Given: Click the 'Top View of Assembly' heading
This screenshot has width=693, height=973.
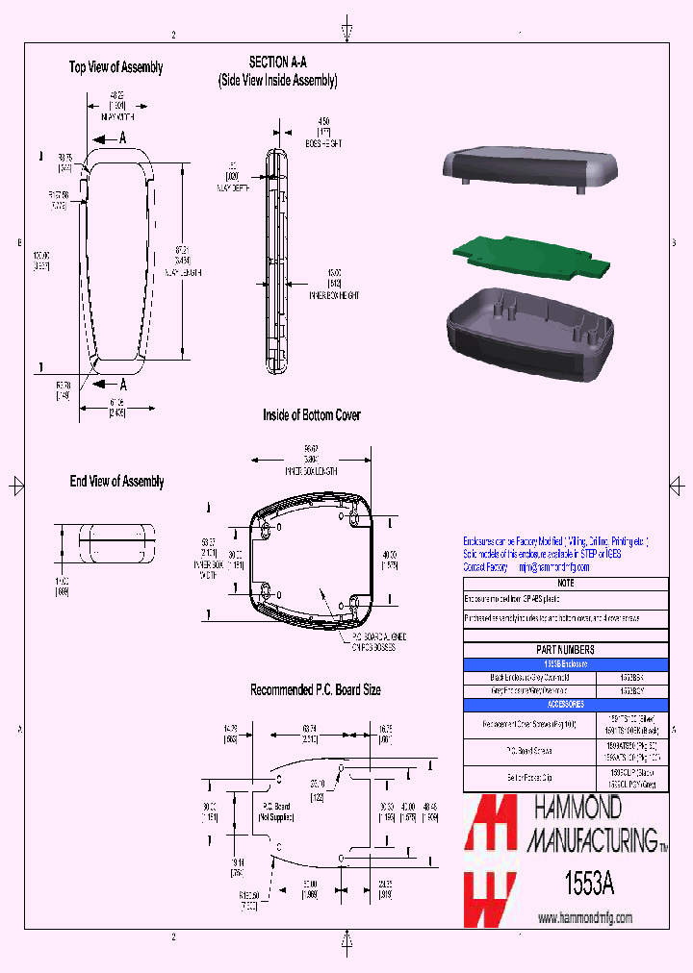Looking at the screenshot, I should (x=115, y=67).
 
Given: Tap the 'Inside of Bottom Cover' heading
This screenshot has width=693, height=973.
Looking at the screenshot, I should (x=312, y=415).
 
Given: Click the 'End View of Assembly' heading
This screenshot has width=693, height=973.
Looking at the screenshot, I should (x=116, y=482).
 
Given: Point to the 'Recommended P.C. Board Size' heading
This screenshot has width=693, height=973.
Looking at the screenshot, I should (x=315, y=690).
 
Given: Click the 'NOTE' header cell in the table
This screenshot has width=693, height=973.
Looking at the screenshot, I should (x=565, y=583).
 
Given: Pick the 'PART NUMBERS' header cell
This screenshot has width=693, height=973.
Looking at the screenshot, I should (x=565, y=650).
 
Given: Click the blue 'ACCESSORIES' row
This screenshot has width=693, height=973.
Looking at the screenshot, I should (x=565, y=704).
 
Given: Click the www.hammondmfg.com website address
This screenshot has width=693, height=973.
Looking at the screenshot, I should (x=584, y=918).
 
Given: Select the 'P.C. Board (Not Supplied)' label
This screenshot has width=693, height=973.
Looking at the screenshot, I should (x=275, y=811).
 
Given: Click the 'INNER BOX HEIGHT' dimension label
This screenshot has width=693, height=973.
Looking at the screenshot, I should (x=333, y=296).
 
